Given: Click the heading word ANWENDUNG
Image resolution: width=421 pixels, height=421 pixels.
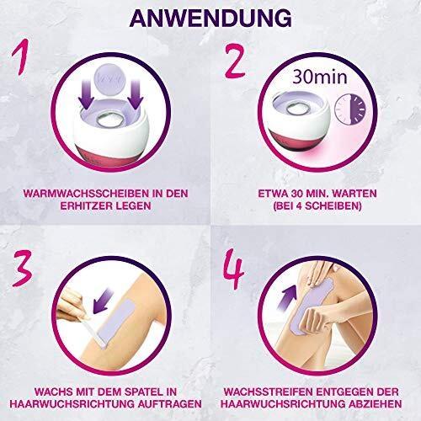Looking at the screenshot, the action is click(x=210, y=19).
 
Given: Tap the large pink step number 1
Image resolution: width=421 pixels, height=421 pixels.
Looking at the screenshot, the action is click(x=21, y=57).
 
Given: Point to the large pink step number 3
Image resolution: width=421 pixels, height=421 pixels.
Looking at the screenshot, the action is click(x=22, y=268).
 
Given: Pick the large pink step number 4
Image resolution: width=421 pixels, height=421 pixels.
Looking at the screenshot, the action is click(x=233, y=269).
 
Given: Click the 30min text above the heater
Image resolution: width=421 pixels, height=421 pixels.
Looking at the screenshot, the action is click(x=320, y=77).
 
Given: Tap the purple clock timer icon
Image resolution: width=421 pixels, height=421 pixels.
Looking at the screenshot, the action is click(x=352, y=109).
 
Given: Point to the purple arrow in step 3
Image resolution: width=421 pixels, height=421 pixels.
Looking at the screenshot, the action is click(x=104, y=302).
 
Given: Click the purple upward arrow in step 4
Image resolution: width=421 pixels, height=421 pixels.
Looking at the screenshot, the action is click(x=288, y=297).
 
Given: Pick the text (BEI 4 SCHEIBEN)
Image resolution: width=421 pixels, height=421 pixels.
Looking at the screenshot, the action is click(x=317, y=206).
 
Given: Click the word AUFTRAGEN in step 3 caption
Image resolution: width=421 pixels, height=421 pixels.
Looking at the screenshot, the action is click(x=170, y=404).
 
